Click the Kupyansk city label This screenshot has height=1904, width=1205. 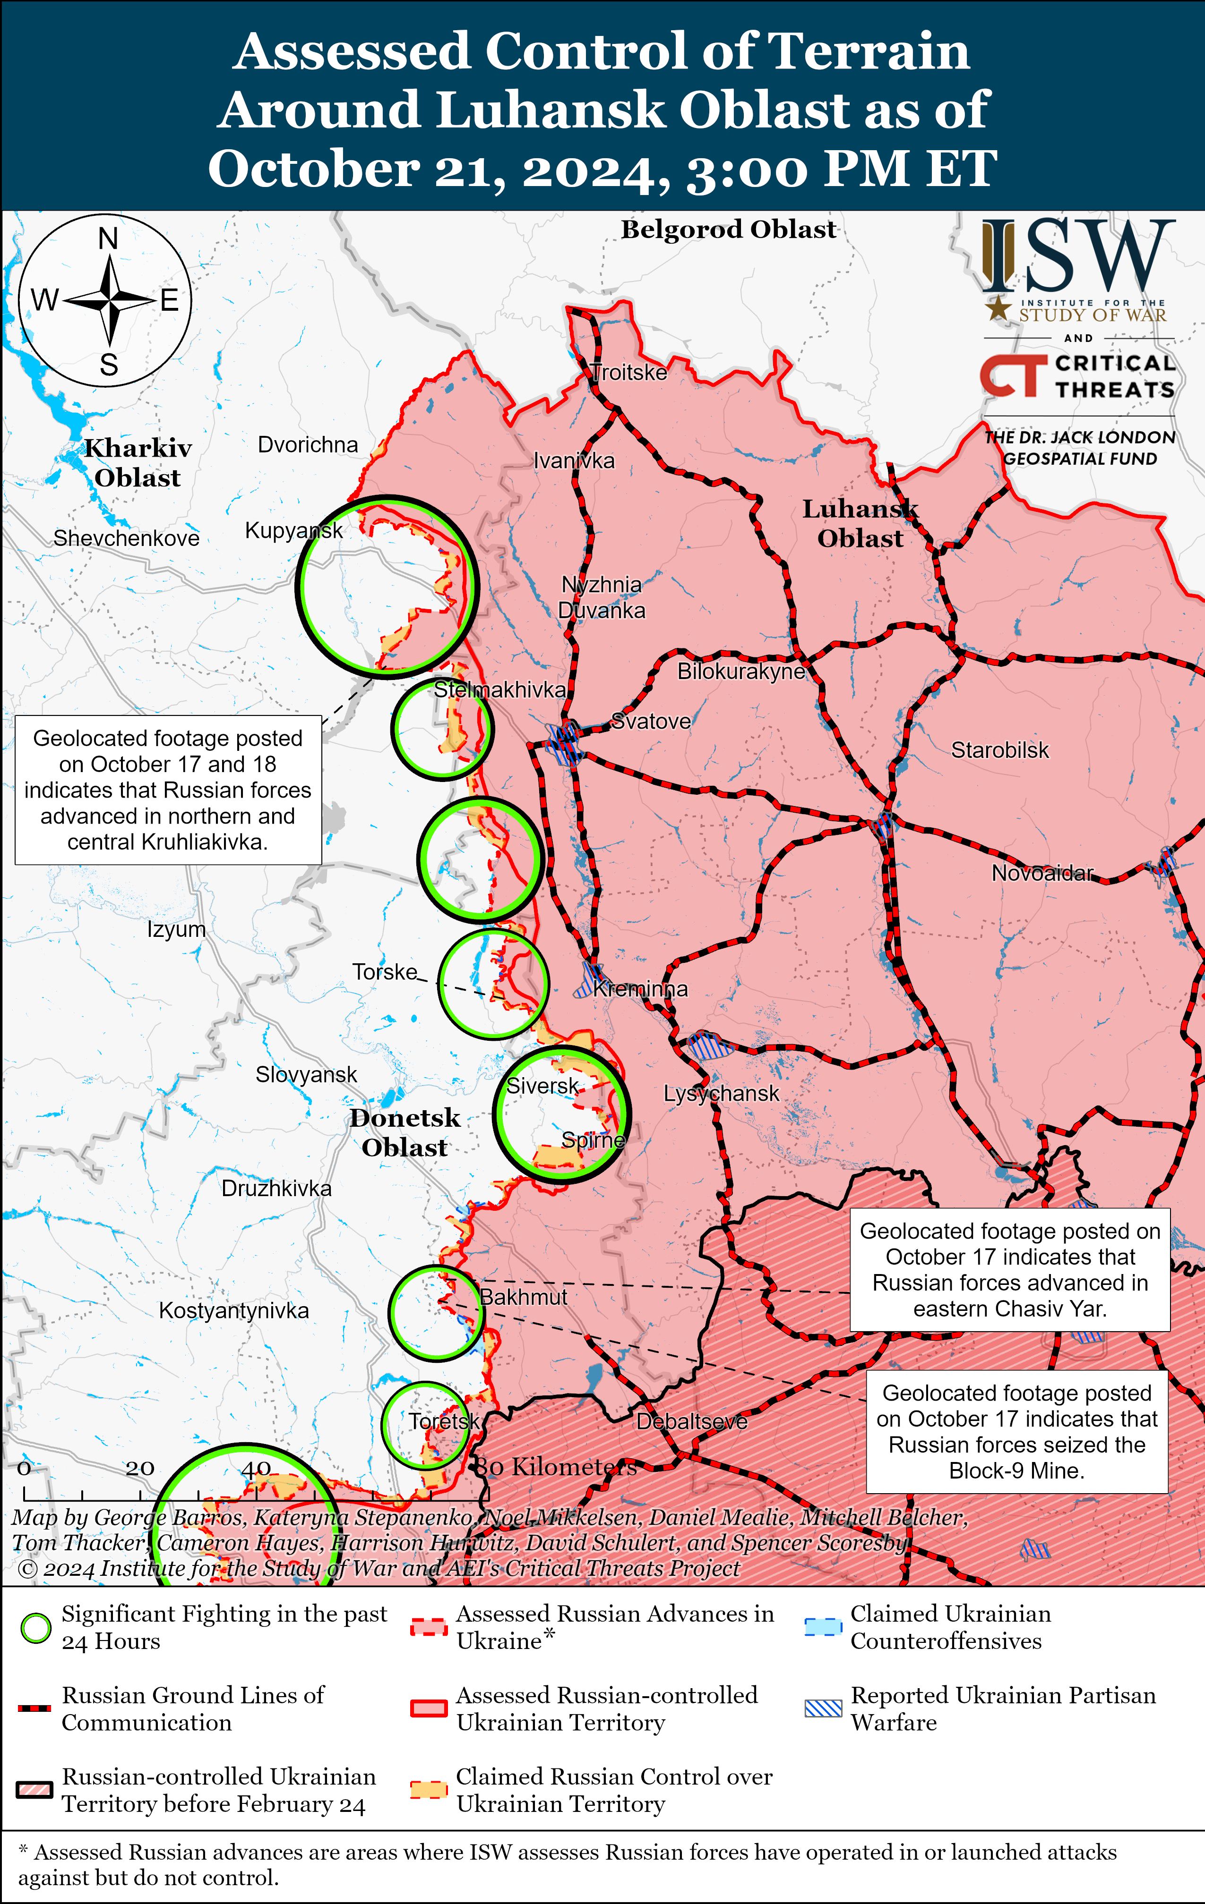click(293, 531)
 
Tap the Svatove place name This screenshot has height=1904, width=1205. click(651, 721)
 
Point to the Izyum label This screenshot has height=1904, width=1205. click(176, 929)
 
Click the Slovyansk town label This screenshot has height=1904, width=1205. click(306, 1075)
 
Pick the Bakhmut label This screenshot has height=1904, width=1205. click(524, 1298)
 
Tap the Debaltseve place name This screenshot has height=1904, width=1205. click(691, 1422)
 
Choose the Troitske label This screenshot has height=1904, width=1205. click(629, 373)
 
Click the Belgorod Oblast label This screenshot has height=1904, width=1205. click(728, 229)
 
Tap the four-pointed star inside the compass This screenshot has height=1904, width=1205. click(110, 300)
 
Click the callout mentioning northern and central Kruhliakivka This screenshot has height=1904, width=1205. click(168, 790)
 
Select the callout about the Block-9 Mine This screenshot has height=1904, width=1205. click(1017, 1432)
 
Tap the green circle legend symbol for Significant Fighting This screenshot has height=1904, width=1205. click(35, 1628)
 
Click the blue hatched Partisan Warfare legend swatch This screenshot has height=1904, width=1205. click(823, 1708)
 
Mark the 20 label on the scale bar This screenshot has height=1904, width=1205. click(139, 1468)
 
